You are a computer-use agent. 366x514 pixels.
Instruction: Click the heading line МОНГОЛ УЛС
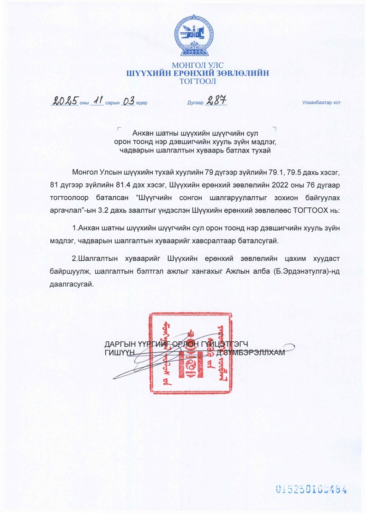click(197, 65)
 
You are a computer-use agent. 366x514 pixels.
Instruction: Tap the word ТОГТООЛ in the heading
click(197, 82)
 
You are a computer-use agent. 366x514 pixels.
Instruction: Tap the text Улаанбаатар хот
click(321, 103)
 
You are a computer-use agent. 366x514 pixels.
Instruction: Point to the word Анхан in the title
click(143, 133)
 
